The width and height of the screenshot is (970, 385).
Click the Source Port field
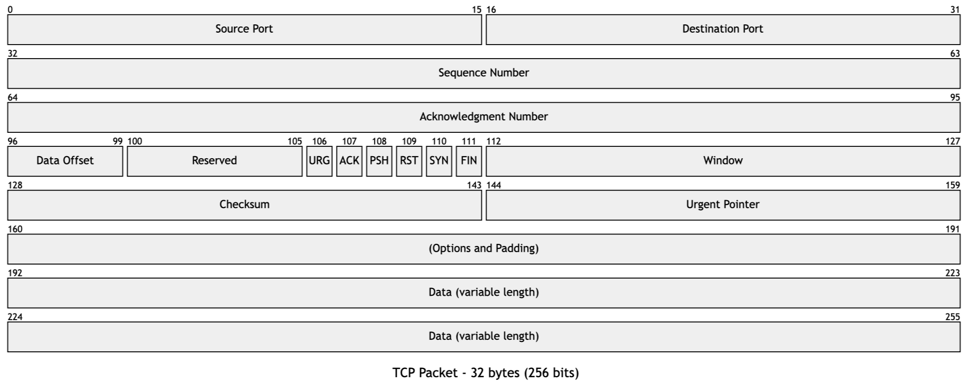(x=244, y=29)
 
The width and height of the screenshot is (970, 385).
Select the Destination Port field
(x=722, y=29)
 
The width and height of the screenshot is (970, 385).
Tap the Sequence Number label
(x=483, y=73)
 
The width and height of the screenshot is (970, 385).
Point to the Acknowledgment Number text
(x=483, y=117)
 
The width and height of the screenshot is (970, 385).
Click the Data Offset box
(x=65, y=161)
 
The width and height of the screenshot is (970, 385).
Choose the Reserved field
(x=214, y=161)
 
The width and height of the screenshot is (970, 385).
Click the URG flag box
(x=319, y=161)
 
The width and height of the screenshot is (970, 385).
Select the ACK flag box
(x=349, y=161)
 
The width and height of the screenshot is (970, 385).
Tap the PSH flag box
(x=379, y=161)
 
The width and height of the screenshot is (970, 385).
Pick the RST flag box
(x=409, y=161)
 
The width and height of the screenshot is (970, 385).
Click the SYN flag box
(x=439, y=161)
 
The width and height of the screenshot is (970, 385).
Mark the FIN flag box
(x=469, y=161)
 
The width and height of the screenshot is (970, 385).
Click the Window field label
(x=723, y=161)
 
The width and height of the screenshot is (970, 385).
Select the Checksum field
(x=244, y=204)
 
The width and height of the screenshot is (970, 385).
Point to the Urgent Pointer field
(x=722, y=204)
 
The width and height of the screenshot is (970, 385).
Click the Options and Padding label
(x=483, y=249)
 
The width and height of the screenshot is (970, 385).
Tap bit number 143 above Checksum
(x=474, y=185)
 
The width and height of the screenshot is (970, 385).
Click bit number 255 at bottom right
(x=952, y=317)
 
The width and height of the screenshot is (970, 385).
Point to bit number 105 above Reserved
(x=294, y=141)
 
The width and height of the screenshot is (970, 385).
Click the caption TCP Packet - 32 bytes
(x=485, y=373)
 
